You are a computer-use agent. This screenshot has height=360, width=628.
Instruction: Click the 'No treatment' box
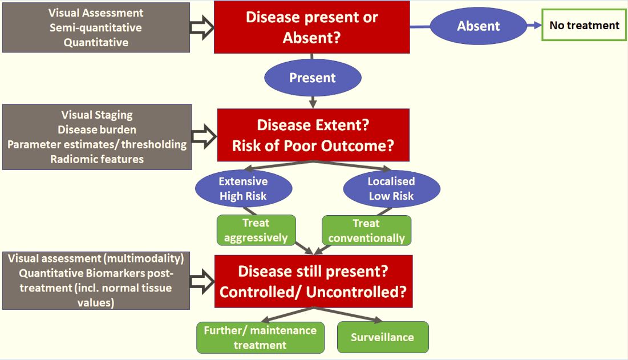click(x=584, y=25)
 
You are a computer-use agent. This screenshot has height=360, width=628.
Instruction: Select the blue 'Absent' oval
click(x=479, y=26)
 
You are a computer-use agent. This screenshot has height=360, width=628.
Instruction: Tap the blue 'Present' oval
click(x=313, y=78)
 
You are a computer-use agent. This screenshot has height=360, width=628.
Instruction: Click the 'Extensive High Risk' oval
click(x=244, y=189)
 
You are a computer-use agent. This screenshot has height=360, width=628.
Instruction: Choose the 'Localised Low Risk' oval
click(x=392, y=189)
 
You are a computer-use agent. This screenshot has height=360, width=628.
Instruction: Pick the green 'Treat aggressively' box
click(x=256, y=230)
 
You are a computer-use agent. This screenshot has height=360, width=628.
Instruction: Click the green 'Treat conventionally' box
click(x=366, y=230)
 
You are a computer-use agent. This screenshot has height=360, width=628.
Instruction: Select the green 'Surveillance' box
click(x=383, y=337)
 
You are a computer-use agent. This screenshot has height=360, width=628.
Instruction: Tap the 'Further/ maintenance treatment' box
click(x=260, y=338)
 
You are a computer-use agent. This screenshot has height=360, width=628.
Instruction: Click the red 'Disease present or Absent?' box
click(x=311, y=27)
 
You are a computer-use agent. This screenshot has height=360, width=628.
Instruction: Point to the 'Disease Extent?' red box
click(x=313, y=135)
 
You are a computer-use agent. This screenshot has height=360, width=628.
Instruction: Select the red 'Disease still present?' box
click(x=313, y=281)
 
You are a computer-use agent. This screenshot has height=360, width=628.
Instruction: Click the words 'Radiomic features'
click(x=97, y=159)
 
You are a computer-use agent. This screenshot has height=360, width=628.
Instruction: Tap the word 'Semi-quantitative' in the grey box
click(x=96, y=27)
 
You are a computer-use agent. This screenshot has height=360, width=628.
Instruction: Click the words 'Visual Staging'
click(x=97, y=115)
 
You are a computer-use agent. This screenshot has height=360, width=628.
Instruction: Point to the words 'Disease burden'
click(x=97, y=130)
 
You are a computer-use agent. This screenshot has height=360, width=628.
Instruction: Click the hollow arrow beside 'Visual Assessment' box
click(x=201, y=27)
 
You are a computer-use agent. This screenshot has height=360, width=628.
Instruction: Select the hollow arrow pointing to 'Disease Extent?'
click(x=204, y=136)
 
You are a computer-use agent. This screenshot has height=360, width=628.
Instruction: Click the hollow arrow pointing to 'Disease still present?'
click(x=202, y=281)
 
